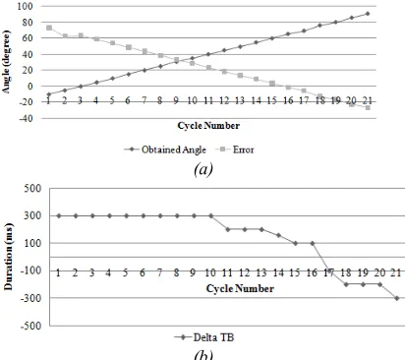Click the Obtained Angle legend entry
(x=165, y=150)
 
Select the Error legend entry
(x=235, y=150)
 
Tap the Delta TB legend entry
(x=204, y=337)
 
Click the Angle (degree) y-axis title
(x=7, y=62)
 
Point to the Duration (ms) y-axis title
(x=8, y=257)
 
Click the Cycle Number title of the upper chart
(x=208, y=126)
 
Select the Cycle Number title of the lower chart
(x=240, y=288)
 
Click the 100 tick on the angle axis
(x=25, y=6)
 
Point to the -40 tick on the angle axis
(x=25, y=118)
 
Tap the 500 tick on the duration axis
(x=32, y=189)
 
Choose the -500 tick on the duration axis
(x=31, y=326)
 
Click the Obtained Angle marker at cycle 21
(x=368, y=14)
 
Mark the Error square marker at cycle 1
(x=49, y=28)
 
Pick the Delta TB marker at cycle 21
(x=397, y=298)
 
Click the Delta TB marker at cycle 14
(x=278, y=235)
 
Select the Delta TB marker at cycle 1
(x=59, y=215)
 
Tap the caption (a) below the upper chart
(x=203, y=169)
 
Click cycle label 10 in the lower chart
(x=210, y=272)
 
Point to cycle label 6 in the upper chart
(x=128, y=100)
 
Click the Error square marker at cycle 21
(x=368, y=107)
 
